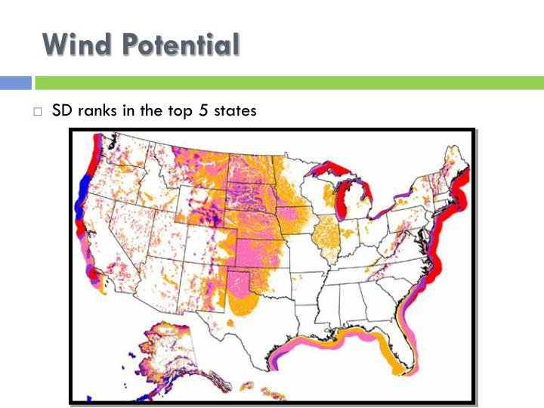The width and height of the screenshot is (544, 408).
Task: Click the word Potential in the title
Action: [179, 45]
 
